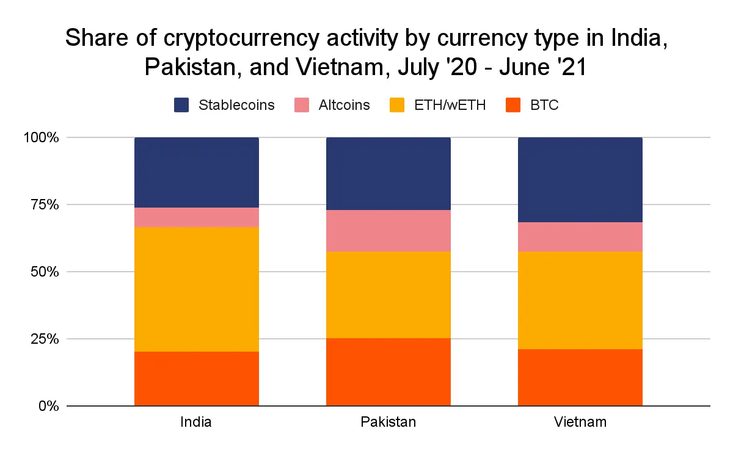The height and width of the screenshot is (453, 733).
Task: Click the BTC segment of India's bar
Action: point(196,379)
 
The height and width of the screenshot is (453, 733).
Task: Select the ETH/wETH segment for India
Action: point(196,289)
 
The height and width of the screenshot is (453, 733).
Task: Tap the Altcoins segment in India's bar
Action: point(196,217)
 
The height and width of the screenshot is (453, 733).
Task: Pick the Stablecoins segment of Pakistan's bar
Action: point(388,174)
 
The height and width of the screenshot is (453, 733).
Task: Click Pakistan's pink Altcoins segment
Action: point(388,231)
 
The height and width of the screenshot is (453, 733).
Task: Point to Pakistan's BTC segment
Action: point(388,372)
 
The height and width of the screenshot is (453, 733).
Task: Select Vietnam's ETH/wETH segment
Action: point(580,300)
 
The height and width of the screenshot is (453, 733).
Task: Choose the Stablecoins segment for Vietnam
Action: point(580,180)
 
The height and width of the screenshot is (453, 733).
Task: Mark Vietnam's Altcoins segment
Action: point(580,237)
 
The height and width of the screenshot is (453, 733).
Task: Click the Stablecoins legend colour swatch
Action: point(181,105)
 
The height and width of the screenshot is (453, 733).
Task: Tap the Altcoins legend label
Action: point(344,105)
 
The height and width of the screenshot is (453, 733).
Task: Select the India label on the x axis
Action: point(196,422)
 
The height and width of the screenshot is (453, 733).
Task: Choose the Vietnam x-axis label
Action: point(580,422)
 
